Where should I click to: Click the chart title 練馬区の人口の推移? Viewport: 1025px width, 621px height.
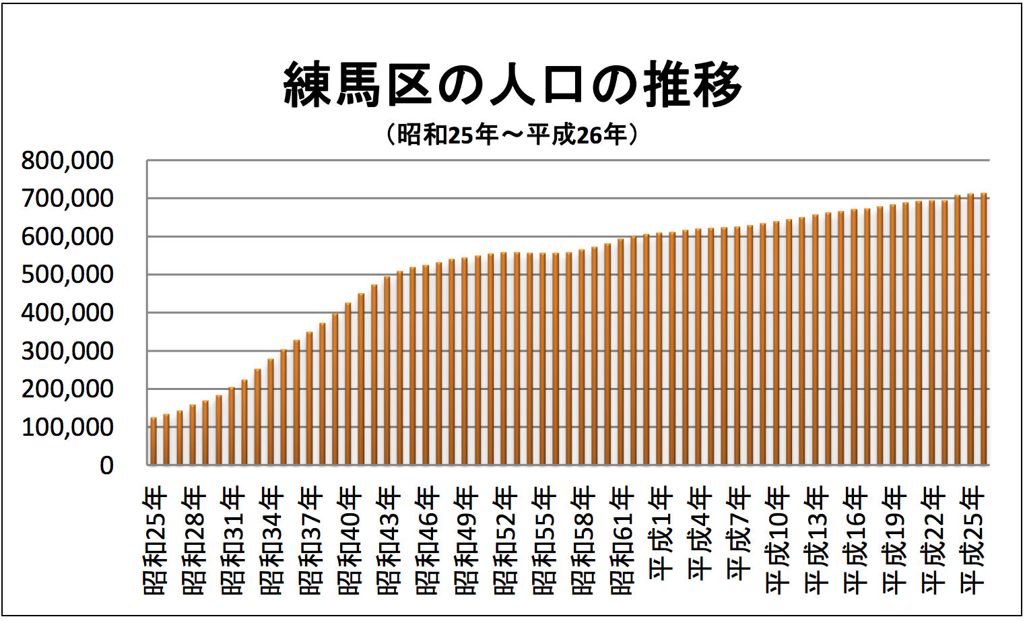512,85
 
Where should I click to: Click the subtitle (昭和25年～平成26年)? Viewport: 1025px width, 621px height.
512,135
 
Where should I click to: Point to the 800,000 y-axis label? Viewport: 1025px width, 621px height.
67,161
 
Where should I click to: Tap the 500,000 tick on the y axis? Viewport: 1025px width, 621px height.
67,275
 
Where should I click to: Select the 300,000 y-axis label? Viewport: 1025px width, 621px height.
67,351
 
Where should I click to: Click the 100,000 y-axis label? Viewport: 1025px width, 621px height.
67,427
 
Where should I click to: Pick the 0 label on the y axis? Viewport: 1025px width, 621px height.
106,465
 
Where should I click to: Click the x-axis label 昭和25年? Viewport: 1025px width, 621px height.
155,542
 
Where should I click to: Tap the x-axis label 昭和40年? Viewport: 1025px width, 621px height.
349,542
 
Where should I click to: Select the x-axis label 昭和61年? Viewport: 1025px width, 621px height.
621,542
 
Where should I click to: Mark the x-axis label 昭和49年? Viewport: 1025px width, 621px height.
465,542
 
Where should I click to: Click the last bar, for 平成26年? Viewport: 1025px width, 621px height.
983,330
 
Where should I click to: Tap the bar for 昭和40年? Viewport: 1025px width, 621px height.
348,384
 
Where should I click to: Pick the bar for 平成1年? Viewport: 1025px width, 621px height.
646,350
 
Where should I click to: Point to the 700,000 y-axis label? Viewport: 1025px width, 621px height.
67,199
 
